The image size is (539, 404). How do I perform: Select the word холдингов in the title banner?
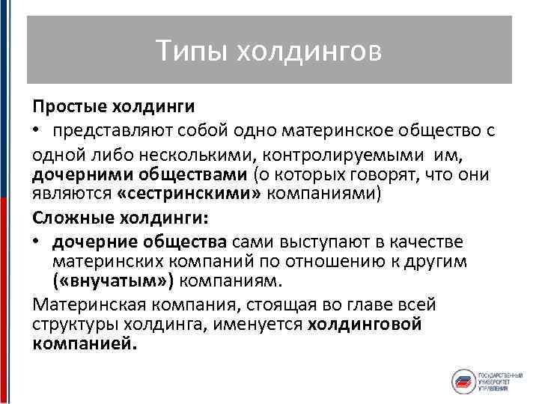(x=308, y=51)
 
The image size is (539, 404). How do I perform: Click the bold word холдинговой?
(x=365, y=324)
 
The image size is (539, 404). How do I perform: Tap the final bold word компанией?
(x=85, y=344)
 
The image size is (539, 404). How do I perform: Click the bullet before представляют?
(x=37, y=132)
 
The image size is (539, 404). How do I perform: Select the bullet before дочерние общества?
(x=37, y=242)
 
